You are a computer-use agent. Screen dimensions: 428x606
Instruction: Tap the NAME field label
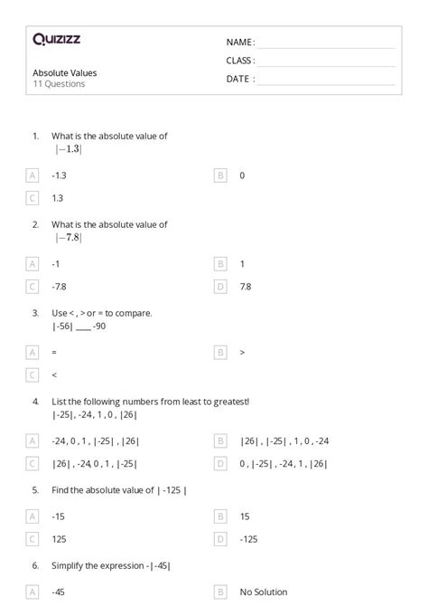click(240, 43)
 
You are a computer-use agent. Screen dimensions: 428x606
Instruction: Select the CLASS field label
click(240, 61)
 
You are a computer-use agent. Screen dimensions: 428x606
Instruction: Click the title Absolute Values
click(64, 72)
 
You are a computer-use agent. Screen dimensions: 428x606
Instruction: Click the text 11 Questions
click(59, 84)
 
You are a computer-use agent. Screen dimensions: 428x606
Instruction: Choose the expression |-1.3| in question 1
click(67, 149)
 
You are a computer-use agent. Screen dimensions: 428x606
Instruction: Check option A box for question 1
click(33, 175)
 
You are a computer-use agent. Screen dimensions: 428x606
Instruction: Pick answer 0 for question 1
click(242, 175)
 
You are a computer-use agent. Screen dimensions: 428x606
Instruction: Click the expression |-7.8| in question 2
click(67, 238)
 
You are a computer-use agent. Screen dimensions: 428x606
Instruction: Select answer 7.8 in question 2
click(246, 287)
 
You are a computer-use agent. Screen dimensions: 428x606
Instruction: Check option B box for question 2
click(220, 264)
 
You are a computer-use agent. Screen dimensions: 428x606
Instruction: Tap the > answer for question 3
click(242, 352)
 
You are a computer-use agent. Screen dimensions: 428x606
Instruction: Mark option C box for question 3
click(33, 374)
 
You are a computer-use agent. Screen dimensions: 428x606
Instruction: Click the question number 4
click(35, 401)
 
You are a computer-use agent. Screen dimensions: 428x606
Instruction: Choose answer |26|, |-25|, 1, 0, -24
click(284, 441)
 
